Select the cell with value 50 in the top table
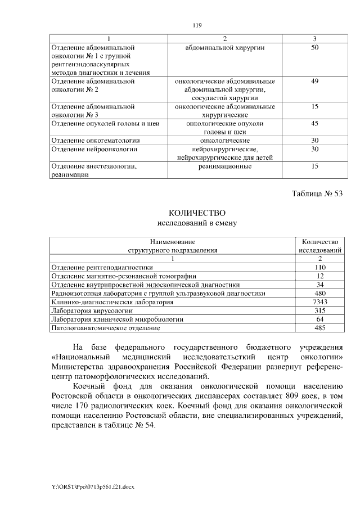pos(314,48)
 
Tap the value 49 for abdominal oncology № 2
pos(314,81)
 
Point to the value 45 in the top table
pos(314,123)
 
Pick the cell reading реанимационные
pos(224,166)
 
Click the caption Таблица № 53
pos(317,194)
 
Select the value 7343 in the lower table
pos(319,301)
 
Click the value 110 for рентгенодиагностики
pos(319,268)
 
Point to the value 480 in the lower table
pos(319,293)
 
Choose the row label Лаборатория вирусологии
pos(92,310)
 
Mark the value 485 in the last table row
pos(319,327)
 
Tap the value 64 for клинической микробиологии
pos(319,318)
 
